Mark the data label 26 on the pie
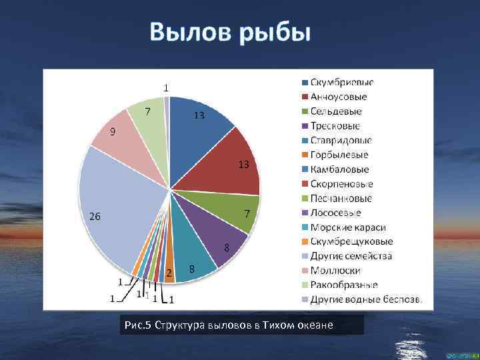[95, 216]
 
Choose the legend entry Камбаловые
[339, 169]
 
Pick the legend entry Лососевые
[336, 213]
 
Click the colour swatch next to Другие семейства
[304, 257]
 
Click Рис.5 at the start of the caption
[138, 325]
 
